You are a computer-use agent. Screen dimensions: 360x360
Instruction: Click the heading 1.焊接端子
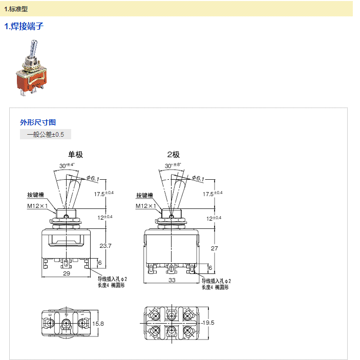coord(24,27)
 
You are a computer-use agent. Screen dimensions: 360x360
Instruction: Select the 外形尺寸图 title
coord(38,122)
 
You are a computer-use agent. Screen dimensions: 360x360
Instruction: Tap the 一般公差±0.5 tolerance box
coord(46,135)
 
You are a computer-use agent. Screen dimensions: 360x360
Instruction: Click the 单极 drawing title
coord(75,155)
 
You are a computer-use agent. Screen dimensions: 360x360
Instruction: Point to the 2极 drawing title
coord(173,155)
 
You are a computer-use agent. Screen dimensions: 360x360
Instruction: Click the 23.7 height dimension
coord(105,246)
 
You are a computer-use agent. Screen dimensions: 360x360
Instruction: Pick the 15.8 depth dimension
coord(98,324)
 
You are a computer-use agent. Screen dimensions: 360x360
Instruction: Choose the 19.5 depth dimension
coord(207,323)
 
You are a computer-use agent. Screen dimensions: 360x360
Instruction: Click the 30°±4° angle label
coord(67,166)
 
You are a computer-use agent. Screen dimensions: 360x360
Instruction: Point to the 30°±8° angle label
coord(173,166)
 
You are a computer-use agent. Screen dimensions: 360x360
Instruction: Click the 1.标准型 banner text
coord(16,9)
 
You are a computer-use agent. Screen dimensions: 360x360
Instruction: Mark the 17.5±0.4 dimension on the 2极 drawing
coord(213,194)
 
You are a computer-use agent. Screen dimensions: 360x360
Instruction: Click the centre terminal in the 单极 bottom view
coord(67,324)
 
